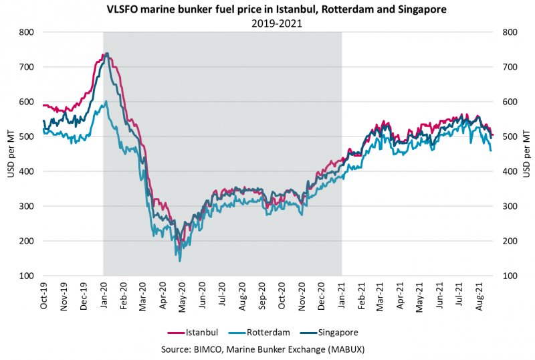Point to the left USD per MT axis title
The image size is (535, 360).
point(10,154)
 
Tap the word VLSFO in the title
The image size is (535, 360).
point(121,10)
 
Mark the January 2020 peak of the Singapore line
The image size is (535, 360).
point(108,54)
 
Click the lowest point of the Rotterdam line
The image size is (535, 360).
point(179,260)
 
